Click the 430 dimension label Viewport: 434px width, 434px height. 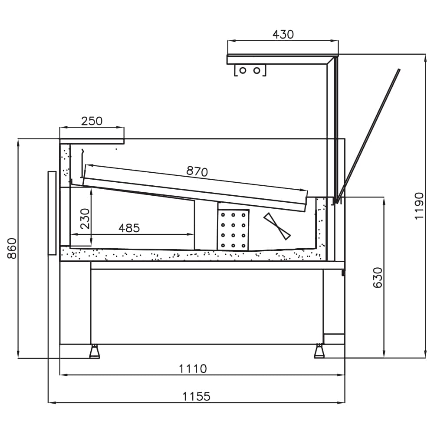pyautogui.click(x=283, y=35)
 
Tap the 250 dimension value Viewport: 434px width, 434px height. pyautogui.click(x=92, y=121)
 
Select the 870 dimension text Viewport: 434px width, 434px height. pyautogui.click(x=197, y=171)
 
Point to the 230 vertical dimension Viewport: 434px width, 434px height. pyautogui.click(x=85, y=219)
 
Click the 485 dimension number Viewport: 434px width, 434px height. pyautogui.click(x=129, y=228)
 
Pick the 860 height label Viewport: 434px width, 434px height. pyautogui.click(x=12, y=248)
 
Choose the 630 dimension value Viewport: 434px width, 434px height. pyautogui.click(x=378, y=278)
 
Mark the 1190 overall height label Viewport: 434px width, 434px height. pyautogui.click(x=419, y=206)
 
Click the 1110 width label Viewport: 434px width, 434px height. pyautogui.click(x=193, y=368)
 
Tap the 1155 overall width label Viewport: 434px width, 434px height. pyautogui.click(x=196, y=397)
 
